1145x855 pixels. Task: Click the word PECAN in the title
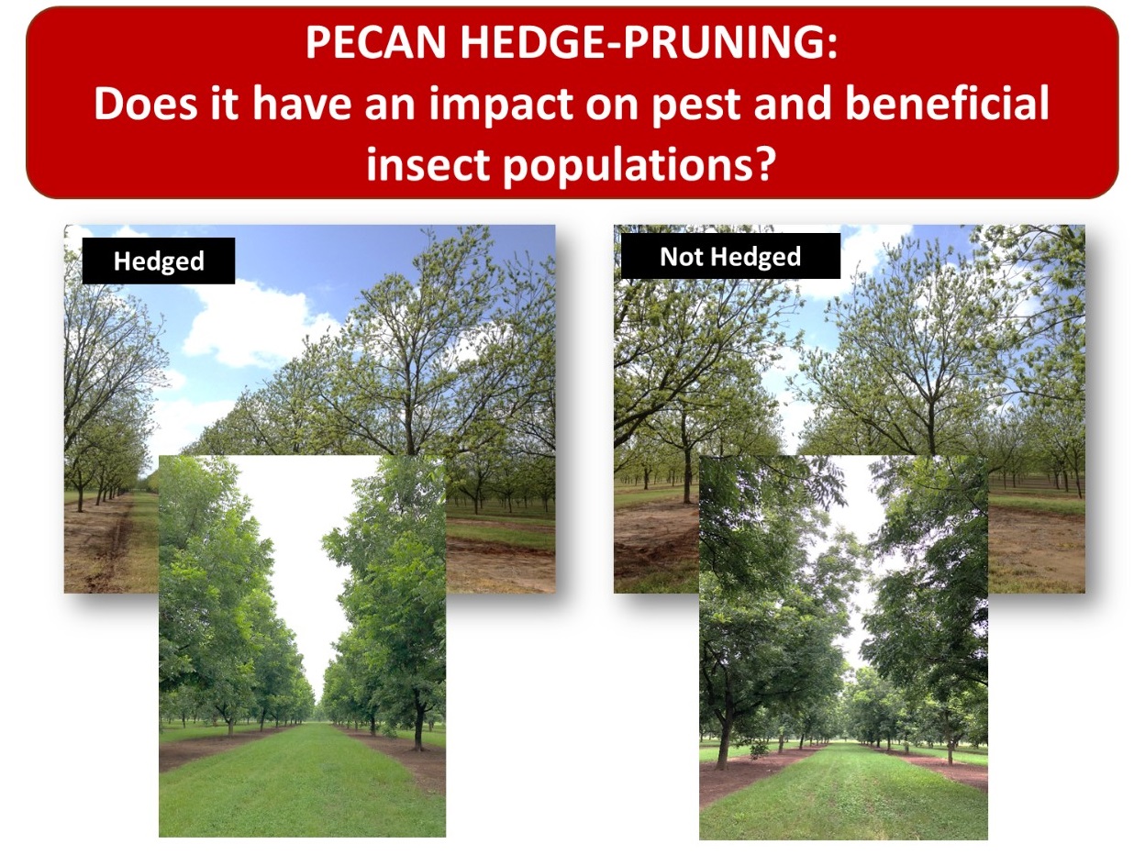(x=375, y=42)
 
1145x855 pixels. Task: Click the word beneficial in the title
(x=947, y=103)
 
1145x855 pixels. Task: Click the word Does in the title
(x=146, y=104)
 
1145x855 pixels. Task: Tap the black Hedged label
(x=159, y=261)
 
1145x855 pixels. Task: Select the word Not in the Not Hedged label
(x=682, y=256)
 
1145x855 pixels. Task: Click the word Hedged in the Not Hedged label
(x=755, y=258)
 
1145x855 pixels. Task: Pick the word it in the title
(x=225, y=104)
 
